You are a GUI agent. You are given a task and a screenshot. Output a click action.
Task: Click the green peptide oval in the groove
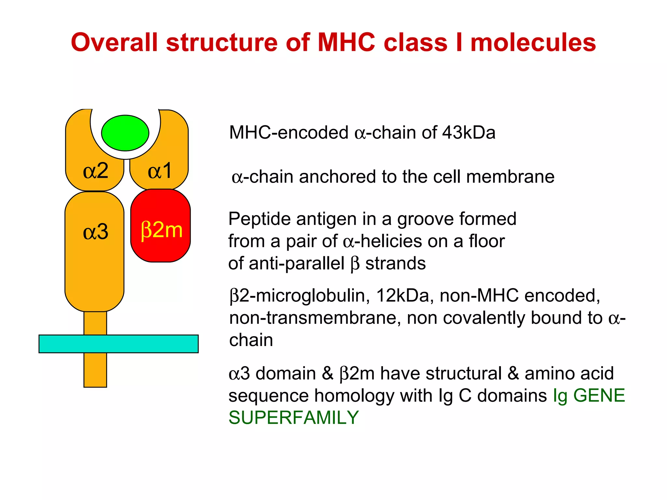click(x=125, y=133)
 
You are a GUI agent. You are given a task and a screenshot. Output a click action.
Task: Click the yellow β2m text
click(x=162, y=230)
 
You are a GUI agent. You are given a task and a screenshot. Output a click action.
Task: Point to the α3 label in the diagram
click(x=95, y=232)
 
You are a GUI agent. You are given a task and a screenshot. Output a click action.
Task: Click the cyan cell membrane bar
click(x=119, y=344)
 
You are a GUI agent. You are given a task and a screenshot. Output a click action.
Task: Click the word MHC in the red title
click(x=346, y=42)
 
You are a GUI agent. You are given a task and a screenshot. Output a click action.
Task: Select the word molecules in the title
click(x=533, y=42)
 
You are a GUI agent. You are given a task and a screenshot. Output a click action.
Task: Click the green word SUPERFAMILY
click(x=293, y=418)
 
